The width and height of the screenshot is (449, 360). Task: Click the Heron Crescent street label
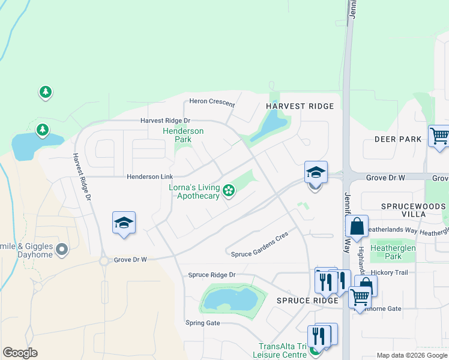coord(212,102)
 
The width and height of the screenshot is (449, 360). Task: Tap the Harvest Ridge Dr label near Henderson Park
coord(165,121)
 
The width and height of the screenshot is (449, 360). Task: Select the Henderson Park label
coord(183,135)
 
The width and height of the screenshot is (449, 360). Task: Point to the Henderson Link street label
coord(149,177)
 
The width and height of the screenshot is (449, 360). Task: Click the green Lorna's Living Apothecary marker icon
coord(228,191)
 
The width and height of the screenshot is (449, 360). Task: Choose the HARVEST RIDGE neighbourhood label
coord(300,106)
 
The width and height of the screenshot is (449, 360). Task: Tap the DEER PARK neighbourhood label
coord(398,139)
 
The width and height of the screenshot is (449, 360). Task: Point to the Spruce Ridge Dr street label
coord(212,275)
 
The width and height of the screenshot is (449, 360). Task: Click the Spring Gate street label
coord(203,323)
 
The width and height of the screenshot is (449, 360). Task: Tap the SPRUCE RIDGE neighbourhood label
coord(308,301)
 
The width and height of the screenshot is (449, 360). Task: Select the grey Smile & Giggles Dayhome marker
coord(62,249)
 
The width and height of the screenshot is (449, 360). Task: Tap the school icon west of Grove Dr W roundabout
coord(124,223)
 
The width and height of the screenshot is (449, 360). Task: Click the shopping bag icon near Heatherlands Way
coord(357,226)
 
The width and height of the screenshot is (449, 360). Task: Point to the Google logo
coord(20,353)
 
